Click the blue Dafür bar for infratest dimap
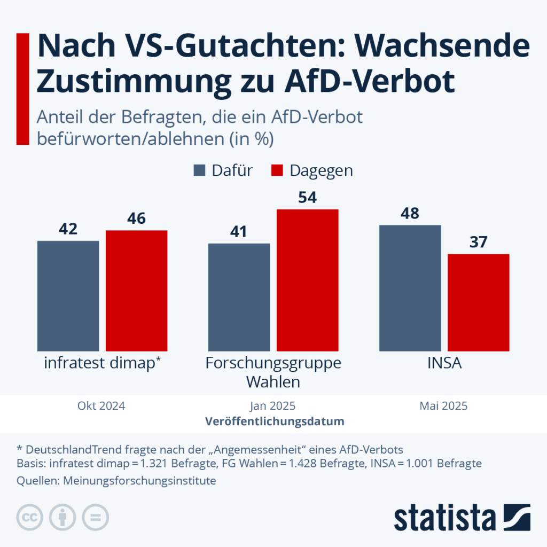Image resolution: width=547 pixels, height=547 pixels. coord(68,296)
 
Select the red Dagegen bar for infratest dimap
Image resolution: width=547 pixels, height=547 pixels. coord(136,291)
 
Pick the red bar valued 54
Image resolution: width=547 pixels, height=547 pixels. coord(307,280)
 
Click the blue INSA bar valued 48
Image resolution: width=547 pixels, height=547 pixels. coord(410,288)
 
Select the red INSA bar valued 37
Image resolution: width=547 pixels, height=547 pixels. coord(478,302)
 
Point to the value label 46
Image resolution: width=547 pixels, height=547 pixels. coord(136,219)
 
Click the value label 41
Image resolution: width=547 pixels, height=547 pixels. coord(239,232)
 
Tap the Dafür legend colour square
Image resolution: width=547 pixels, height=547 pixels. coord(199,170)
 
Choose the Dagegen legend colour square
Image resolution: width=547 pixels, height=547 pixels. coord(276,170)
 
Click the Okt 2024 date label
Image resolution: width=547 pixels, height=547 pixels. coord(101,406)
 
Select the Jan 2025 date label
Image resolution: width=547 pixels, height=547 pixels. coord(272,406)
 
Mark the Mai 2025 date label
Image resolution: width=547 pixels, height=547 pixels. coord(443,406)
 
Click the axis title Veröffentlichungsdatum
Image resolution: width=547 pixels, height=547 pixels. coord(274,421)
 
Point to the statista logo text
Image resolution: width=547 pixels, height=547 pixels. coord(444,518)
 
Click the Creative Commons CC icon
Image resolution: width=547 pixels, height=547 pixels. coord(30,517)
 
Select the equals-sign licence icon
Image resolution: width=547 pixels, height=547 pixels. coord(95,517)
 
